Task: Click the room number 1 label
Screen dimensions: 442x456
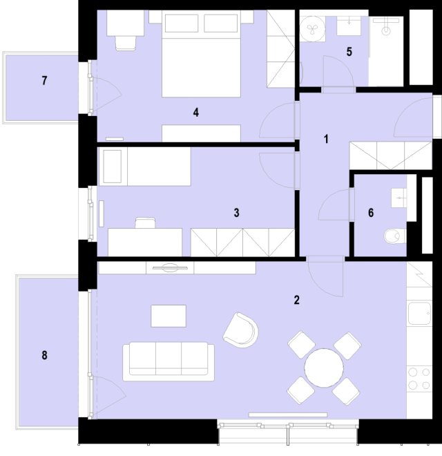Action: tap(326, 139)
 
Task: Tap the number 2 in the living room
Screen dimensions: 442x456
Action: tap(296, 300)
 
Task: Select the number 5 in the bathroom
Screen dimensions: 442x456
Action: tap(349, 52)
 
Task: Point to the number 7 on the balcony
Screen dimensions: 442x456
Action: tap(44, 81)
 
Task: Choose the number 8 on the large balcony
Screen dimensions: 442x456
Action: tap(44, 355)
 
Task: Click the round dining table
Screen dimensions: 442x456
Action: tap(324, 368)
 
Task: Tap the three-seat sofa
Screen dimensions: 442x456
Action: tap(169, 361)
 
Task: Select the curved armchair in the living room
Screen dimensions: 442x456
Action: tap(241, 330)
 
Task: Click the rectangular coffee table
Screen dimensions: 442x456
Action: tap(169, 316)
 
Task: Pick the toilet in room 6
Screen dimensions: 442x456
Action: tap(395, 236)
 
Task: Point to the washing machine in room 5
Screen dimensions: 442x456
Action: tap(313, 28)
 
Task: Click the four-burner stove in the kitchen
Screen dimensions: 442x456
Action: tap(419, 379)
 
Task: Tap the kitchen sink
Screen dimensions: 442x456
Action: tap(419, 314)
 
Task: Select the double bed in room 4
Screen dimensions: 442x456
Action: tap(201, 53)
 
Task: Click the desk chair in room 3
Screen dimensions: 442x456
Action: tap(145, 222)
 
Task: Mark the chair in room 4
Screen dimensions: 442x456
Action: tap(126, 43)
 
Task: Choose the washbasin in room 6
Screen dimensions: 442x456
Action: tap(398, 198)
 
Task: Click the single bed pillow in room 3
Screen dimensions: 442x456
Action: tap(113, 167)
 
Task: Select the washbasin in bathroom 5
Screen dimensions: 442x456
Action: tap(349, 26)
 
